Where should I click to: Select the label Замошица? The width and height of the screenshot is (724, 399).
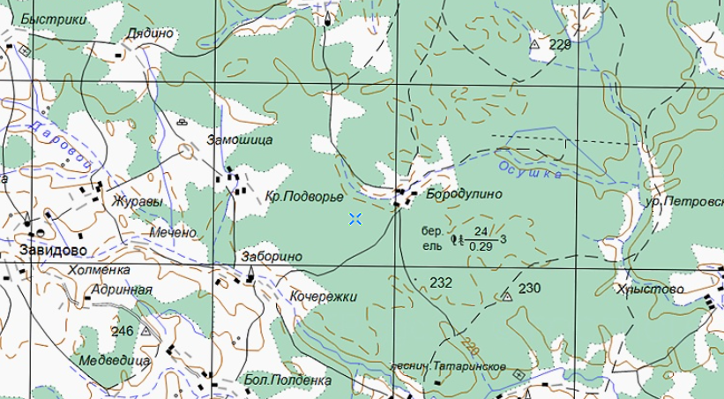pos(240,139)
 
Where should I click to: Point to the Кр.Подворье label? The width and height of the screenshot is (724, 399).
pos(304,198)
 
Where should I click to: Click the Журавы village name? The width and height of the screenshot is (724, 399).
pos(138,201)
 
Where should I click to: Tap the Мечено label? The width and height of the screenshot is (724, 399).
pos(174,233)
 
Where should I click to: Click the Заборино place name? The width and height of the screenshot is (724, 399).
pos(272,257)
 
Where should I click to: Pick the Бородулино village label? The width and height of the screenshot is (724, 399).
pos(464,193)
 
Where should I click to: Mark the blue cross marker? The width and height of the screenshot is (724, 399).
pos(355,219)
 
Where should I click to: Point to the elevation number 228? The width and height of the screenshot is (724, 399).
pos(560,43)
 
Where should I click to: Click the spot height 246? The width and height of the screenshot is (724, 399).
pos(123,331)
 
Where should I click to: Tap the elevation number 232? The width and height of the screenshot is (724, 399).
pos(441,283)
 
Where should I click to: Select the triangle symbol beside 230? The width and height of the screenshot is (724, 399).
pos(506,297)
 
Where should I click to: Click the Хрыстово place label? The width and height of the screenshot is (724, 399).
pos(652,289)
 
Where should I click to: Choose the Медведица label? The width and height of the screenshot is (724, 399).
pos(115,361)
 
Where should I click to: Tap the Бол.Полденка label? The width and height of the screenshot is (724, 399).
pos(288,380)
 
